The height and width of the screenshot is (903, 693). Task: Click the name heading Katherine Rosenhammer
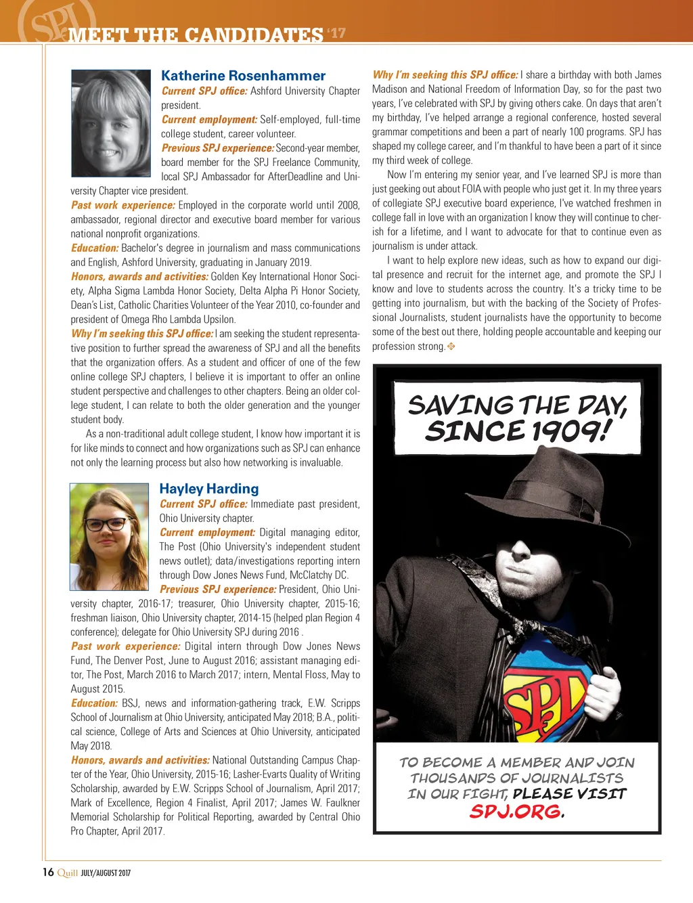click(x=243, y=76)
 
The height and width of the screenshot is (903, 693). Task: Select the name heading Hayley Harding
click(x=209, y=489)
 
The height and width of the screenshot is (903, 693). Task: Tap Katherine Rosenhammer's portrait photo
click(x=111, y=123)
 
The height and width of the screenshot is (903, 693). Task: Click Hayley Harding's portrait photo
click(x=110, y=537)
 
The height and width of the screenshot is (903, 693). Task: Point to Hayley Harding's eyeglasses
click(x=108, y=524)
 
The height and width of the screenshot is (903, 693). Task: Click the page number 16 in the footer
click(x=48, y=872)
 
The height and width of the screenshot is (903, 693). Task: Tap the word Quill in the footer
click(x=68, y=873)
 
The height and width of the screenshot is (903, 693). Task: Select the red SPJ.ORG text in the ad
click(x=515, y=811)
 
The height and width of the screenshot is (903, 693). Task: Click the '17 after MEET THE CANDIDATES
click(x=336, y=32)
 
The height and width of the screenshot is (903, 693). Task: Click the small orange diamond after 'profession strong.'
click(x=451, y=347)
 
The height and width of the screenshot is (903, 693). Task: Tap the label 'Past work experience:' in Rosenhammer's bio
click(x=123, y=205)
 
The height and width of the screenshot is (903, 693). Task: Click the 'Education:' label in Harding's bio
click(x=94, y=703)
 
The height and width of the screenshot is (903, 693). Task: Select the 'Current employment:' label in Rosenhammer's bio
click(x=209, y=120)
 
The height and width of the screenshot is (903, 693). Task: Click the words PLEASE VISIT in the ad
click(x=570, y=793)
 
